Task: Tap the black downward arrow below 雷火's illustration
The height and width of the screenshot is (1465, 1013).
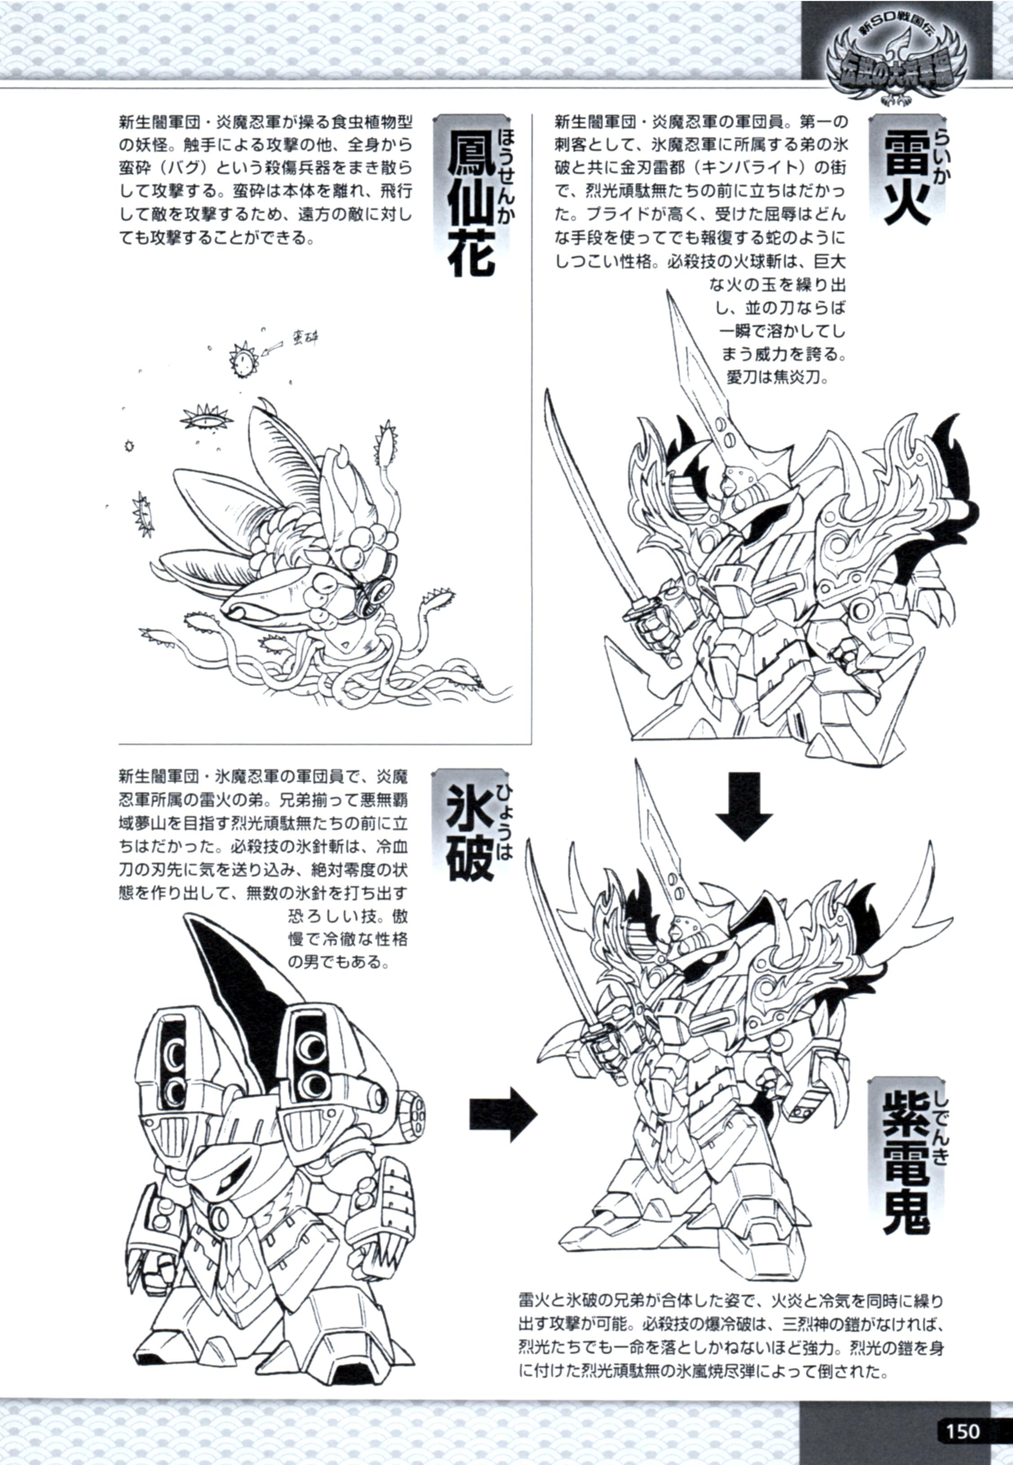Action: pyautogui.click(x=744, y=804)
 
